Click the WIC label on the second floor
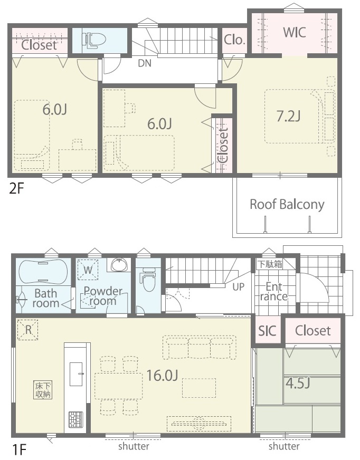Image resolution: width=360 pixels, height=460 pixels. (x=295, y=32)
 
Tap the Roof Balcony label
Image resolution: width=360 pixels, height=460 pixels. (x=287, y=205)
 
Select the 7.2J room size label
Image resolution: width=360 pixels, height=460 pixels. (x=288, y=117)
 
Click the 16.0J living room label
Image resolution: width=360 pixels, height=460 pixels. (x=162, y=375)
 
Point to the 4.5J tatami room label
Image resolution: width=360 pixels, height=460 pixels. (x=298, y=383)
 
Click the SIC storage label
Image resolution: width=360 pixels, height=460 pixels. (x=267, y=331)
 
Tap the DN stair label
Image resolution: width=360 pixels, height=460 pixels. (x=145, y=63)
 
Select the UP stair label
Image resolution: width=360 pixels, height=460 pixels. (x=238, y=286)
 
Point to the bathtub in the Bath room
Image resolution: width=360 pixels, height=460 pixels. (x=43, y=272)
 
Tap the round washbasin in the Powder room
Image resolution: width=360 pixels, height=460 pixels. (x=120, y=264)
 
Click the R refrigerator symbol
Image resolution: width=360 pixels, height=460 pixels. (x=28, y=330)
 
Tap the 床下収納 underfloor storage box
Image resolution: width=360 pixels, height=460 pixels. (x=43, y=390)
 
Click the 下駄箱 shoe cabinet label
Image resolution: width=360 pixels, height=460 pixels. (x=269, y=264)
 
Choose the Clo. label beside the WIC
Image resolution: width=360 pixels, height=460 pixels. (x=234, y=40)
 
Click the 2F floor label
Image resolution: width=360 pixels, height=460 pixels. (x=16, y=188)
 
